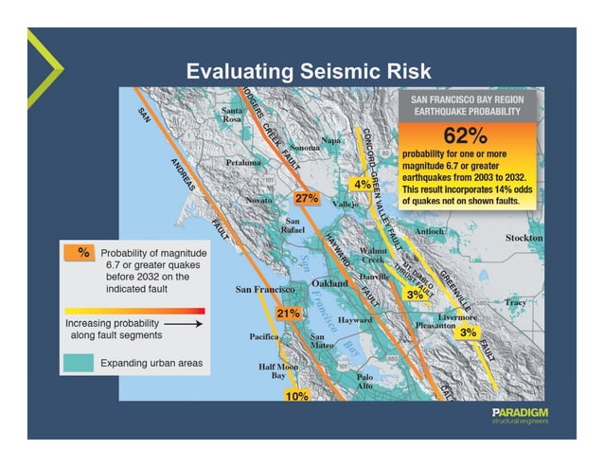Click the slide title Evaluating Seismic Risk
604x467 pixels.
(308, 71)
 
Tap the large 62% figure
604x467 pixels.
(465, 134)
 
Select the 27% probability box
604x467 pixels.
(307, 199)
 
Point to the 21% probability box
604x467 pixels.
(288, 313)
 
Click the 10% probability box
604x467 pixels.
(297, 395)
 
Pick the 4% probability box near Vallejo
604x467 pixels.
(363, 183)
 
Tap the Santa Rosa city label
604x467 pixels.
(233, 117)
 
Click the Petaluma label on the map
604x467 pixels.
(243, 163)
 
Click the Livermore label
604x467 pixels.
(457, 315)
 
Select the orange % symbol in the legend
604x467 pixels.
(82, 252)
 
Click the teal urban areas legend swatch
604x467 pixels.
(80, 362)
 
